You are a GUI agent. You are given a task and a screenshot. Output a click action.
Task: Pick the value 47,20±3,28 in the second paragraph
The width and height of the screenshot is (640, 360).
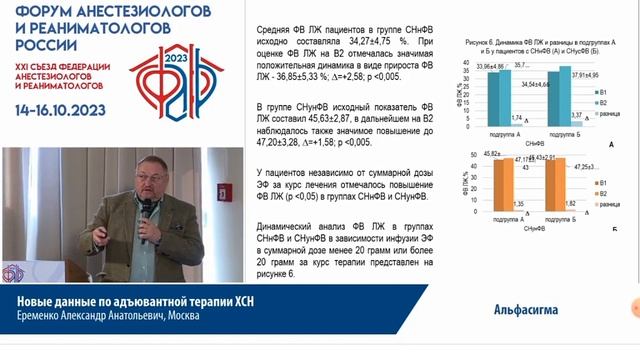tap(277, 143)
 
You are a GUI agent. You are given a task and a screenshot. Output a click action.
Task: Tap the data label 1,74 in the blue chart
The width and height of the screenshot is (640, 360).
tap(515, 118)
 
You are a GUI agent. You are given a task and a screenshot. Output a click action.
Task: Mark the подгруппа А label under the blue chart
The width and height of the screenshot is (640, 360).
tap(495, 133)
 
